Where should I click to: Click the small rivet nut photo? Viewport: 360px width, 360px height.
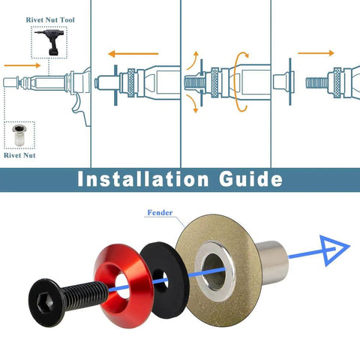(19, 136)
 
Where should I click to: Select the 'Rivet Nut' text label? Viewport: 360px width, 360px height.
(20, 156)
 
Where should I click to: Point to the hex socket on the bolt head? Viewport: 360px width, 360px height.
(43, 302)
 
